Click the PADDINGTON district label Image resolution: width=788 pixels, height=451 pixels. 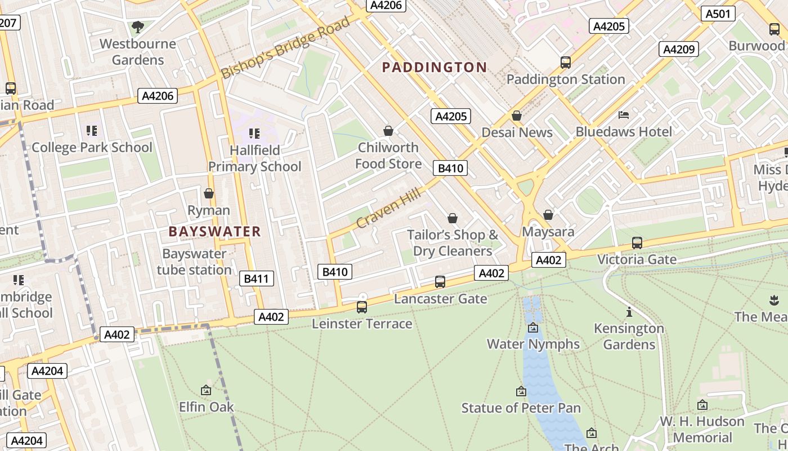point(434,68)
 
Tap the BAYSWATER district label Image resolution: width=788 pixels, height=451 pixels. point(214,232)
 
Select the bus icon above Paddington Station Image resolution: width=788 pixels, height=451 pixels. point(566,63)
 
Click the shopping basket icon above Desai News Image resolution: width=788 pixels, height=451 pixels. point(517,116)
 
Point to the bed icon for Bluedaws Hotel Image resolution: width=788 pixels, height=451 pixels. point(624,115)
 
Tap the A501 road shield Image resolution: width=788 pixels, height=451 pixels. point(718,14)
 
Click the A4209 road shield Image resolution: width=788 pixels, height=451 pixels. point(679,49)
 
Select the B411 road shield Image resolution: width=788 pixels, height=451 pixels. point(256,278)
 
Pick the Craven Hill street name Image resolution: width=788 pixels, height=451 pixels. point(388,209)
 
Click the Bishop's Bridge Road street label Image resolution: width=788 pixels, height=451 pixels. point(285,48)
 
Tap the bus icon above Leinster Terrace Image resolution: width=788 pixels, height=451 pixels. point(362,307)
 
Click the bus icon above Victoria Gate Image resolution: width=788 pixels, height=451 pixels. point(637,243)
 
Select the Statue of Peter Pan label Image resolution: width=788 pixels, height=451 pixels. point(521,408)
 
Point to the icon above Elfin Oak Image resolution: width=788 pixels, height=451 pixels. point(206,390)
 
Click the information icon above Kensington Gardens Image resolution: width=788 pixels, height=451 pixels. point(629,312)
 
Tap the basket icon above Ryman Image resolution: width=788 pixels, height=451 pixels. point(209,194)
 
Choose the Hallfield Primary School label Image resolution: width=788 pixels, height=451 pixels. point(255,158)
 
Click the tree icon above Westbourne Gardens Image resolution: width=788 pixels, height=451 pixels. point(137,26)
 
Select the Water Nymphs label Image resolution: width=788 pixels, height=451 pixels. point(532,344)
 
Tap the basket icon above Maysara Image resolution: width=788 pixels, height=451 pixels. point(548,215)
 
